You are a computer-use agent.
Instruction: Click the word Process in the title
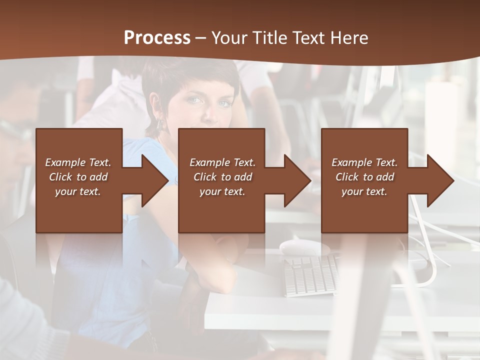pos(157,38)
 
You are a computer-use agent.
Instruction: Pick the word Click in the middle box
pos(204,177)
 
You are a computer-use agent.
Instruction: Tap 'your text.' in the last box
pos(364,191)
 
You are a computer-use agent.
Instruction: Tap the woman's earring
pos(161,122)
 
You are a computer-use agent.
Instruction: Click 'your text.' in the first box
pos(78,191)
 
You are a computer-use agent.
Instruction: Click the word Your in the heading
pos(230,38)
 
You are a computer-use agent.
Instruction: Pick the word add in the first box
pos(99,177)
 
